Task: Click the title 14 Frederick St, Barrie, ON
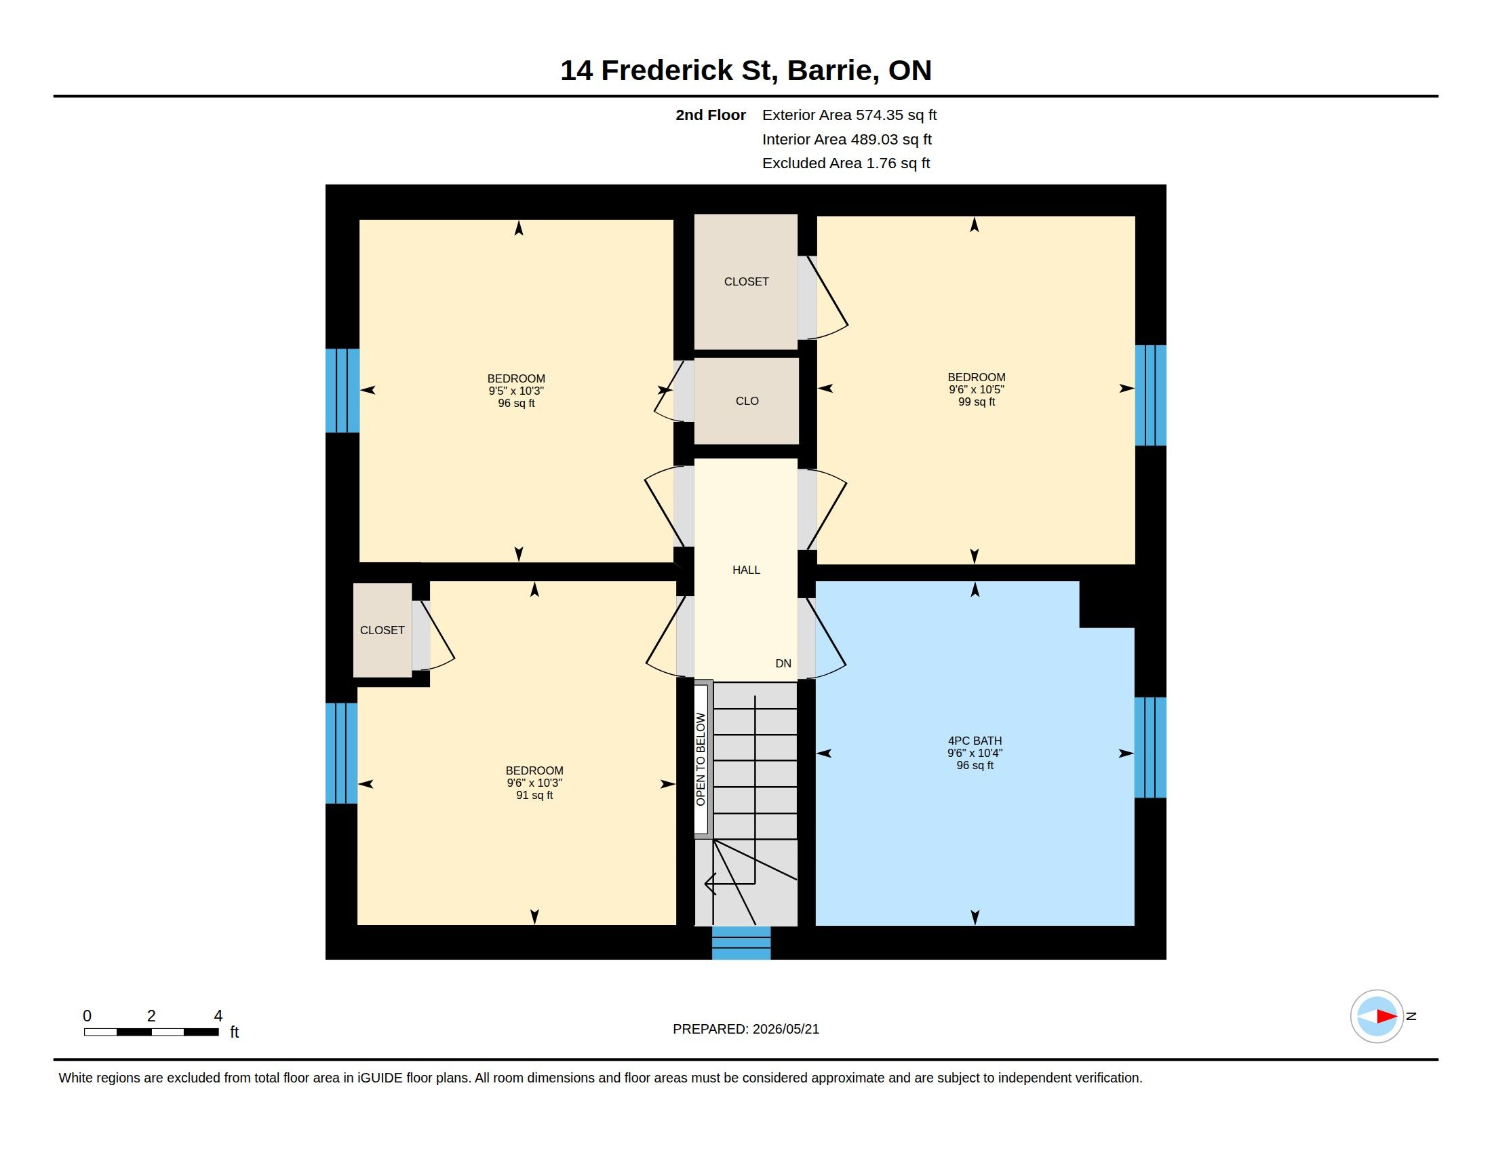[x=746, y=71]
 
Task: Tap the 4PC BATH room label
[x=975, y=741]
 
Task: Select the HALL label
[x=746, y=570]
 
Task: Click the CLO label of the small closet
[x=747, y=401]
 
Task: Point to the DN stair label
[x=783, y=663]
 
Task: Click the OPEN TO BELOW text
[x=701, y=760]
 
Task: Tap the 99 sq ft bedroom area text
[x=976, y=402]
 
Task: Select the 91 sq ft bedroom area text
[x=534, y=795]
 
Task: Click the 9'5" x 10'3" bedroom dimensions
[x=516, y=391]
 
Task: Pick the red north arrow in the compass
[x=1386, y=1017]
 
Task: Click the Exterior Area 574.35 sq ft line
[x=849, y=115]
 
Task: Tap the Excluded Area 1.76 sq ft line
[x=846, y=163]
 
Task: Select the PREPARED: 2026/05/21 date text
[x=746, y=1029]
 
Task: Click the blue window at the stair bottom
[x=741, y=943]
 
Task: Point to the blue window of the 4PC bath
[x=1150, y=747]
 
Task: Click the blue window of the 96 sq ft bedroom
[x=342, y=391]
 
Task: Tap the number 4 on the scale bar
[x=218, y=1016]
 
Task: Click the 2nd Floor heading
[x=711, y=115]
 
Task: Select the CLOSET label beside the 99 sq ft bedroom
[x=746, y=281]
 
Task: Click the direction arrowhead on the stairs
[x=711, y=884]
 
